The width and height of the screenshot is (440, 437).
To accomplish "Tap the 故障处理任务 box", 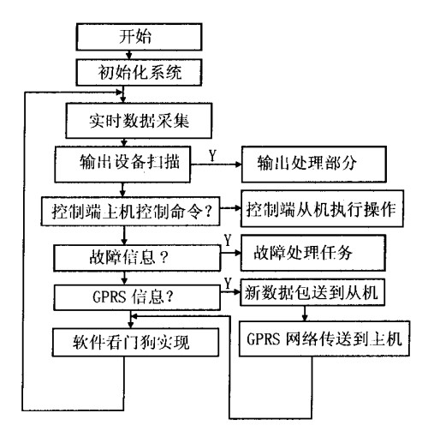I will [x=304, y=255].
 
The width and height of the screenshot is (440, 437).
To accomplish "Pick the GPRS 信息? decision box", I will [x=128, y=296].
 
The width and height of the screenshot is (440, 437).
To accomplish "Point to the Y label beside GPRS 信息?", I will [x=227, y=283].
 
